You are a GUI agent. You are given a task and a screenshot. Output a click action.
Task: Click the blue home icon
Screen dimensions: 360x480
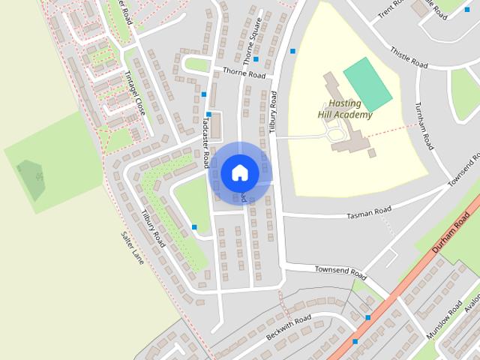[239, 172]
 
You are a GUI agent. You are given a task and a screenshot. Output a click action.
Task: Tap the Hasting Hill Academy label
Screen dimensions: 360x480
[344, 109]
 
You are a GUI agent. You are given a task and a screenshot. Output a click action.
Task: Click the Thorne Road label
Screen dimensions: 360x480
[244, 74]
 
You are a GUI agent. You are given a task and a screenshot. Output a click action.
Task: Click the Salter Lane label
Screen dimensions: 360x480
[132, 247]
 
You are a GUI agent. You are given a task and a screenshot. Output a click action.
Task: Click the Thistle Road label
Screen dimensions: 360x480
[409, 58]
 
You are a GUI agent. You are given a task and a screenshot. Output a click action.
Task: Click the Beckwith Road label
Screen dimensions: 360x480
[289, 327]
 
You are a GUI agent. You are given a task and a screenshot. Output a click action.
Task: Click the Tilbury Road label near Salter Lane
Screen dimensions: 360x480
[152, 228]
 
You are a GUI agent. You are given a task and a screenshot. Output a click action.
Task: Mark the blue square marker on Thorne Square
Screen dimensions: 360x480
[256, 58]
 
